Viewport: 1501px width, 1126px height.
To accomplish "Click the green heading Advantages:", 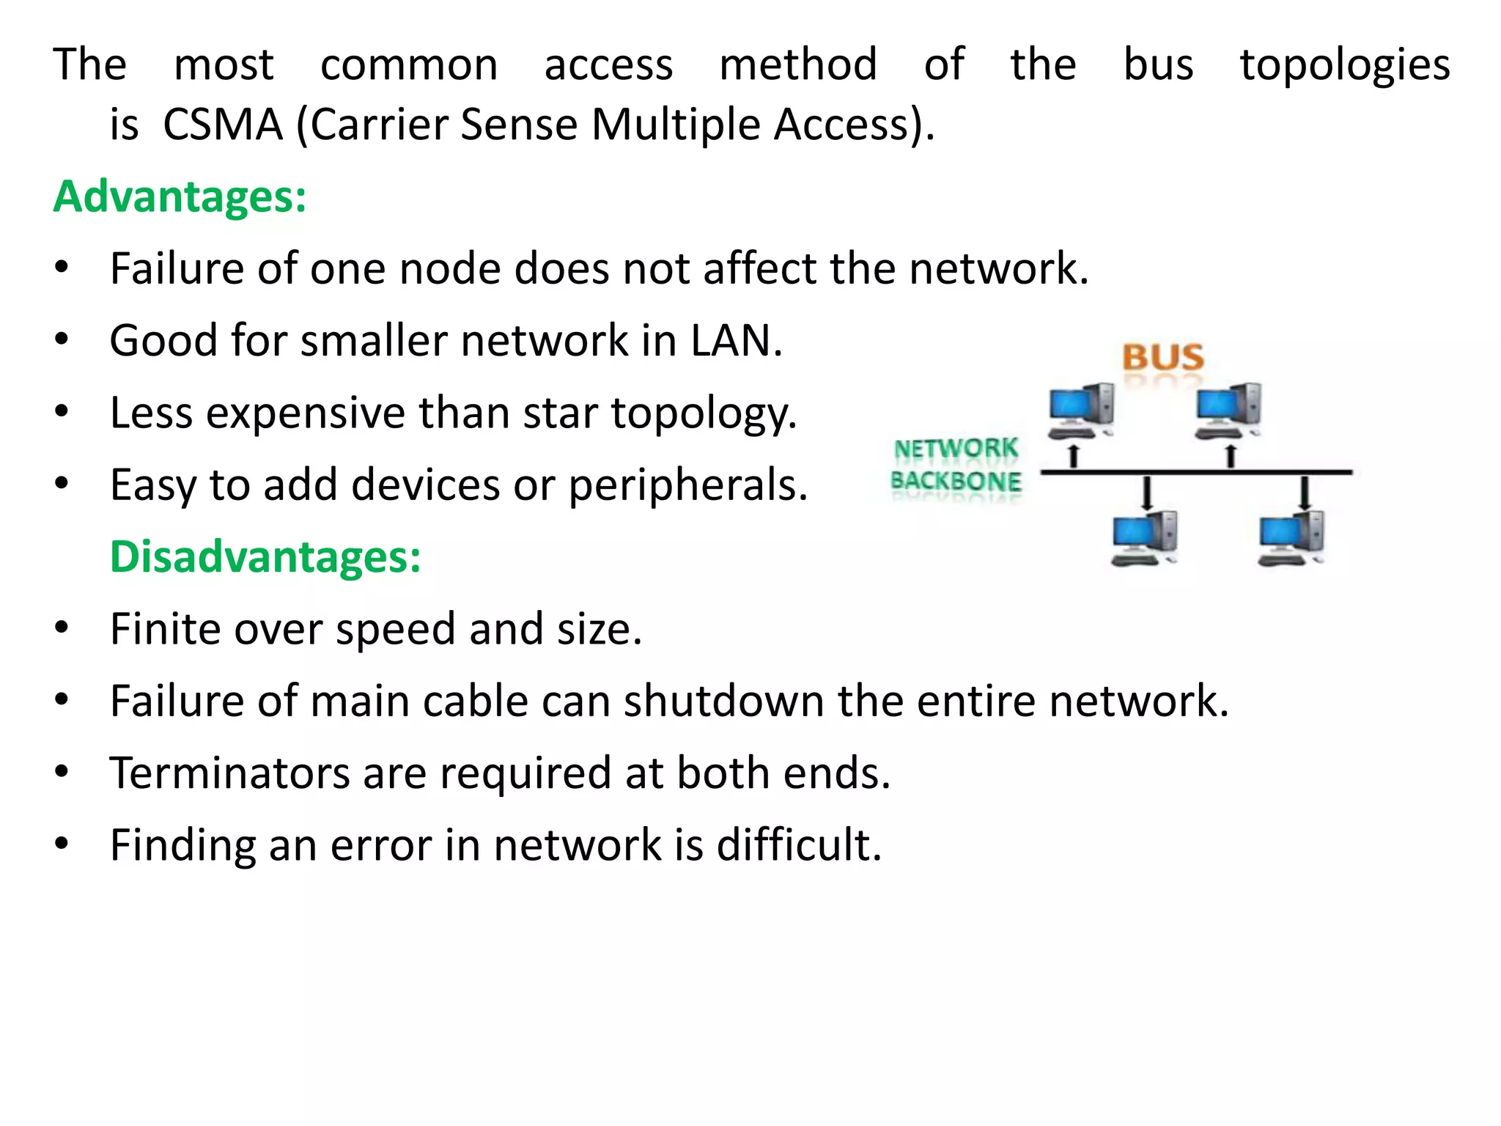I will (180, 196).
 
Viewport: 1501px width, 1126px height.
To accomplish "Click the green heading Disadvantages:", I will (265, 556).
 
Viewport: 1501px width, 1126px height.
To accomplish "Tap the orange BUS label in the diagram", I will (1163, 358).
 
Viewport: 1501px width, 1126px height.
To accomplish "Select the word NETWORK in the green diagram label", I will (956, 448).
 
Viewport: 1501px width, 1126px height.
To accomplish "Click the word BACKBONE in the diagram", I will (956, 482).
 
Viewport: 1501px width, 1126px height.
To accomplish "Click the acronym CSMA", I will (223, 125).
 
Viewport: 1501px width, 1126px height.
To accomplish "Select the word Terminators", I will (230, 773).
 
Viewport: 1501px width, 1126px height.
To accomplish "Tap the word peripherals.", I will (688, 485).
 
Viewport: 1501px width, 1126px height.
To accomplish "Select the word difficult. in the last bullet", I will (799, 844).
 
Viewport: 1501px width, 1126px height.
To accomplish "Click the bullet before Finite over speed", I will (62, 628).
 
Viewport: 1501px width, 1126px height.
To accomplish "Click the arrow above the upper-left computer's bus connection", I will (1074, 456).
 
